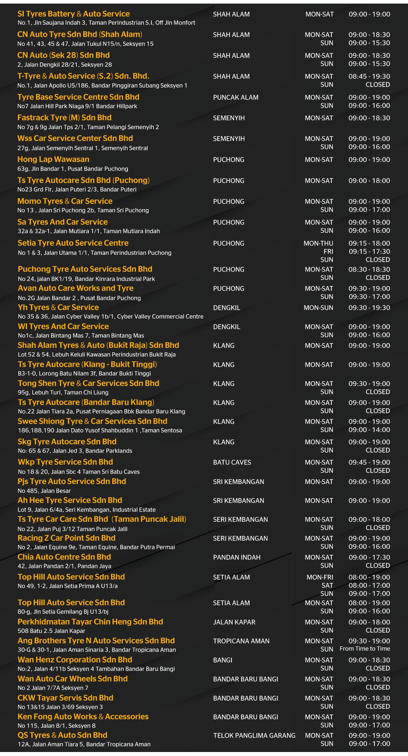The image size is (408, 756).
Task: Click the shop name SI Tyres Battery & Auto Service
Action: point(74,14)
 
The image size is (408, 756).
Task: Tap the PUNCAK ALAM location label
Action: point(235,97)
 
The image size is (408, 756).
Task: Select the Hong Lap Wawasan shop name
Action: point(53,159)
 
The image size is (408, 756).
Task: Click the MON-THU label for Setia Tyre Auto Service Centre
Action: point(318,243)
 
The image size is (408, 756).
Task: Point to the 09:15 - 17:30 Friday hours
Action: point(369,252)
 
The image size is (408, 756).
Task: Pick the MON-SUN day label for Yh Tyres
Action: point(318,308)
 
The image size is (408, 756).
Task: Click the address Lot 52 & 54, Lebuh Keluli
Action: point(97,354)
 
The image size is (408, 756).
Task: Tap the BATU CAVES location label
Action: point(232,463)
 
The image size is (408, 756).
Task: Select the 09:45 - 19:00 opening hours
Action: point(369,463)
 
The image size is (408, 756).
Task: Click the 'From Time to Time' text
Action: point(365,649)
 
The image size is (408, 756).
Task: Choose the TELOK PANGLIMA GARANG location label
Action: point(254,736)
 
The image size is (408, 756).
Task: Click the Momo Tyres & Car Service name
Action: point(65,201)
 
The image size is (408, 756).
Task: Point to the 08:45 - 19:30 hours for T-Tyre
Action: point(369,77)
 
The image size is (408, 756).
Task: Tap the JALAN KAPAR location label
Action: point(234,622)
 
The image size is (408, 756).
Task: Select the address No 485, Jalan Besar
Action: point(44,491)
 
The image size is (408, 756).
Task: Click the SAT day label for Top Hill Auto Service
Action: point(327,585)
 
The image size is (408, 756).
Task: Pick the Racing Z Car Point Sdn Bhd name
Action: point(67,538)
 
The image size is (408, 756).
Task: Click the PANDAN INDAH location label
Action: point(237,557)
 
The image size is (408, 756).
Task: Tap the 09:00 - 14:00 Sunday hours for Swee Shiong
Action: point(369,430)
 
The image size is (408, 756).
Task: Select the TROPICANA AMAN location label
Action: point(241,641)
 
